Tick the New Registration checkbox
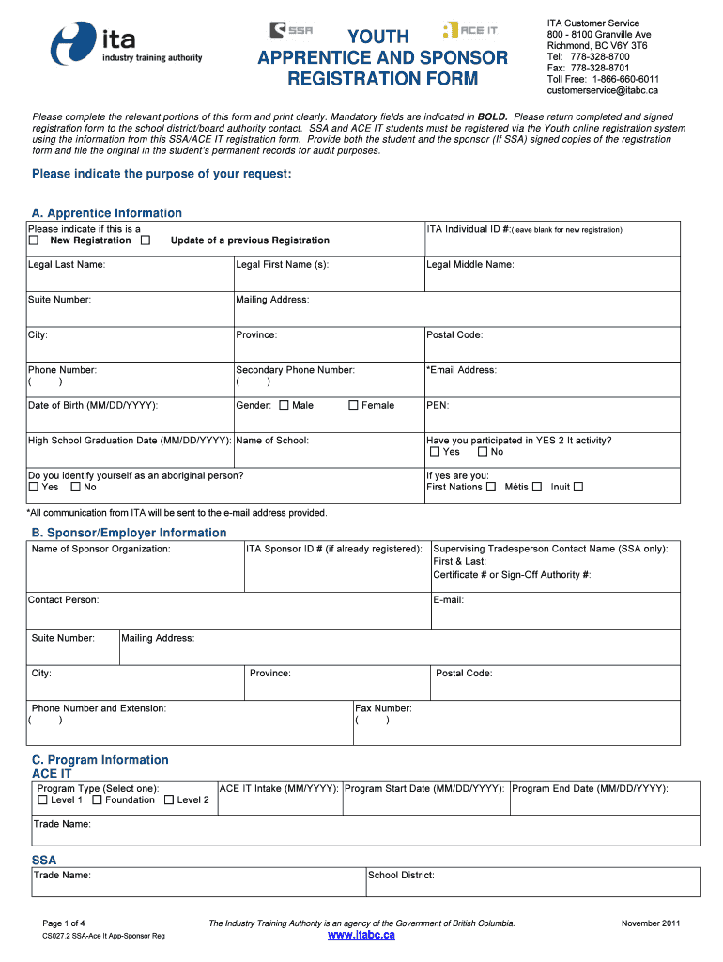click(x=34, y=240)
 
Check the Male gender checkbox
click(x=285, y=406)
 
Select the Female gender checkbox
click(x=354, y=406)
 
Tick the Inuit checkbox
click(x=578, y=487)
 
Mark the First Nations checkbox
click(x=490, y=487)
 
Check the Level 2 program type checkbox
click(x=169, y=800)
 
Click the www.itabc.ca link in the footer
click(x=361, y=936)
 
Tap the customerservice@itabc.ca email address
click(x=602, y=91)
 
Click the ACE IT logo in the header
click(x=469, y=30)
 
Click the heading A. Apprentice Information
click(x=107, y=213)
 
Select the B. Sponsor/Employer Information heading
click(x=130, y=533)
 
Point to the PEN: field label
click(x=438, y=406)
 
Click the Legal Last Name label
click(x=67, y=265)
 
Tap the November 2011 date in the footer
click(x=650, y=923)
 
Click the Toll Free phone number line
click(x=602, y=80)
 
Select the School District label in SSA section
click(x=401, y=876)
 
